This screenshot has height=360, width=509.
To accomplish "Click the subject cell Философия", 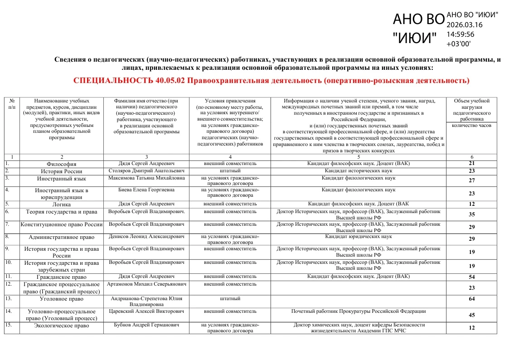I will click(61, 164).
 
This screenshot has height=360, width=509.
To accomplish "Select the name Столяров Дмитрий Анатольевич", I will click(146, 171).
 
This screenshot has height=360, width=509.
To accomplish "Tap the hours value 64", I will click(471, 299).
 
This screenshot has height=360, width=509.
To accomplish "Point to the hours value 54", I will click(471, 277).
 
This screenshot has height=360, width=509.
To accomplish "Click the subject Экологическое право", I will click(61, 326).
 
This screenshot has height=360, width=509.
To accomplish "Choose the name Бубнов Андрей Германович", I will click(146, 325).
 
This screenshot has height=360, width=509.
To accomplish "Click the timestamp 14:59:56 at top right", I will click(461, 34).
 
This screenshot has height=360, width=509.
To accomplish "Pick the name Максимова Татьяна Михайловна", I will click(146, 178).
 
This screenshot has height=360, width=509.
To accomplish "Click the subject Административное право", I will click(61, 237).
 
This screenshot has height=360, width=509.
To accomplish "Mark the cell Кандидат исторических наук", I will click(359, 171).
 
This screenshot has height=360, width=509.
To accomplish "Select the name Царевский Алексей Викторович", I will click(146, 311).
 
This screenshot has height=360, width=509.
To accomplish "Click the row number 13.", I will click(8, 298).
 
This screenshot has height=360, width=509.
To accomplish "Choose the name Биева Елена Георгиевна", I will click(146, 190).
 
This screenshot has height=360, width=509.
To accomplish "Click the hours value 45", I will click(471, 315).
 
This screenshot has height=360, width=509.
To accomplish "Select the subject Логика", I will click(61, 204).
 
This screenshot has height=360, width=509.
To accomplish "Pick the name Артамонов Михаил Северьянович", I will click(146, 284).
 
